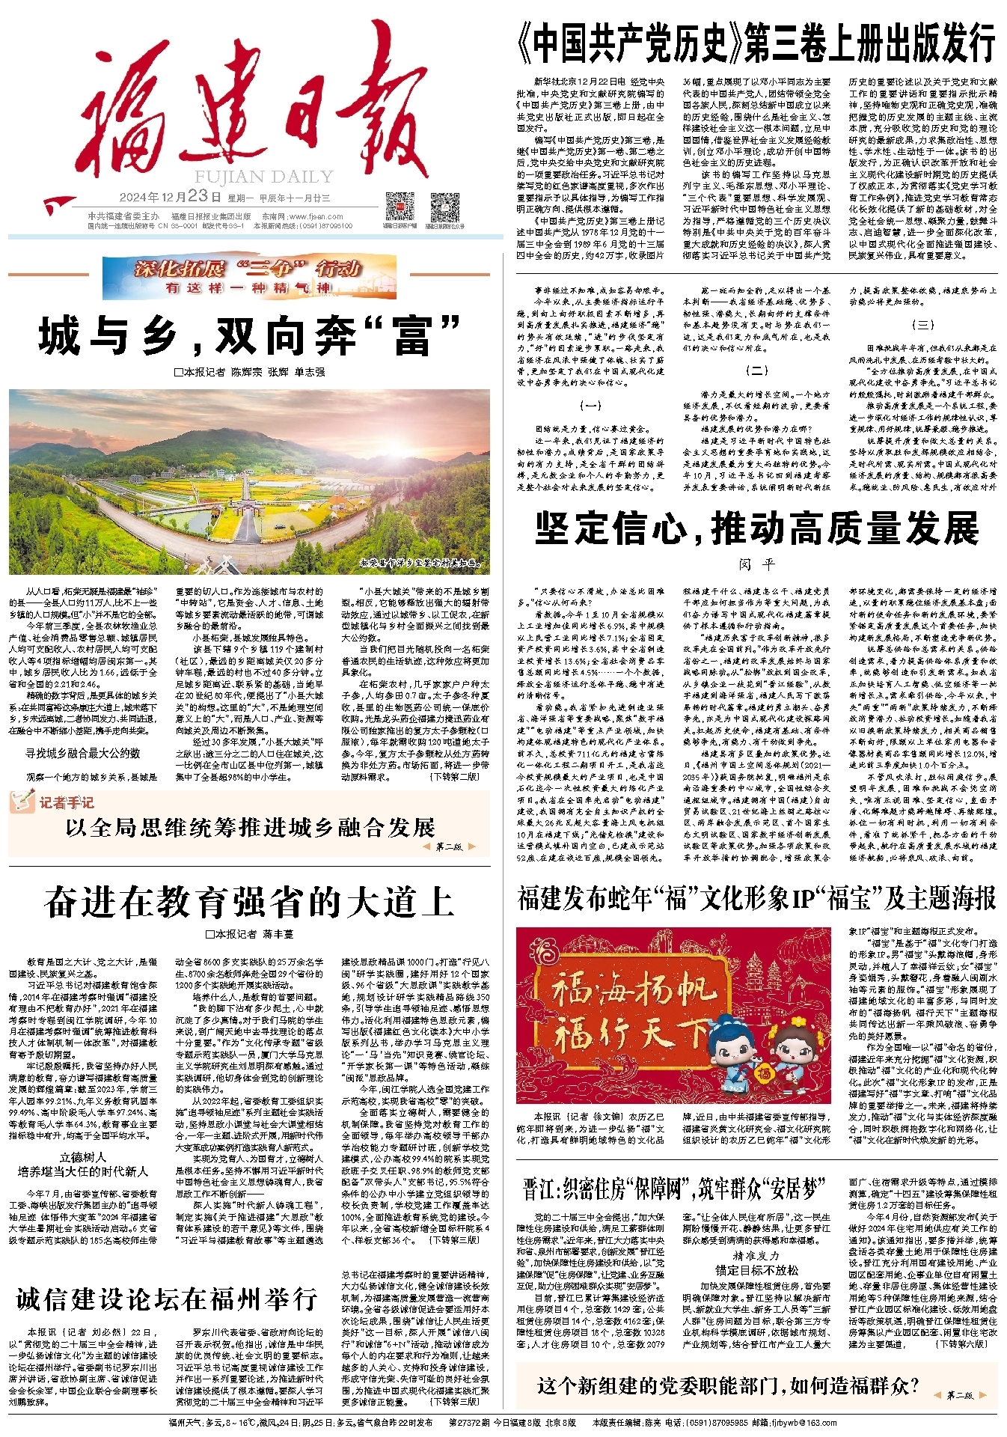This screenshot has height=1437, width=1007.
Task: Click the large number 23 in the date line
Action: click(x=198, y=196)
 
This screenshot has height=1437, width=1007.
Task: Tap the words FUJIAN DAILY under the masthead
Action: click(x=264, y=177)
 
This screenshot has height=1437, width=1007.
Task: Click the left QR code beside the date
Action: click(x=400, y=206)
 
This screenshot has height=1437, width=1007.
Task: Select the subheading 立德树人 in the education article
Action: click(x=83, y=1157)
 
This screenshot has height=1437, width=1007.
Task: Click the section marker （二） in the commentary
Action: click(x=756, y=370)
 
